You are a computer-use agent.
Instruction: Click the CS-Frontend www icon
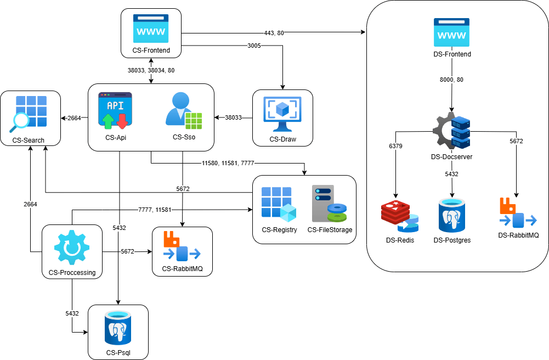tap(151, 29)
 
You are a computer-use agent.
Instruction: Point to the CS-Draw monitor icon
tap(282, 114)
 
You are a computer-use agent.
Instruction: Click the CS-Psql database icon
tap(118, 329)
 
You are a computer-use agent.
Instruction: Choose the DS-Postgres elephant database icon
tap(452, 216)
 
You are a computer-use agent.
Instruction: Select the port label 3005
tap(254, 46)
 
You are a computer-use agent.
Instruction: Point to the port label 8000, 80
tap(452, 80)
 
